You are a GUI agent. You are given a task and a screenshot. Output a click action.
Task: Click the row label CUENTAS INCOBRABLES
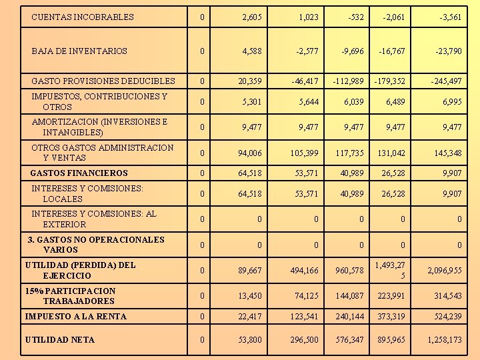coord(83,17)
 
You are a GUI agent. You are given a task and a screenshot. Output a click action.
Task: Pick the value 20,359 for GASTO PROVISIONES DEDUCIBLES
coord(249,81)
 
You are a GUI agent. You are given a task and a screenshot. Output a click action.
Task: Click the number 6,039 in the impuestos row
coord(353,102)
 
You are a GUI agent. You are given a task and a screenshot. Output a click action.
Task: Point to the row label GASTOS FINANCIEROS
coord(79,173)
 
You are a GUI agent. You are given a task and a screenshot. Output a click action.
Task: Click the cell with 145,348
coord(447,153)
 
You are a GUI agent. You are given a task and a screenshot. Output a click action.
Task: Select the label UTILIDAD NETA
coord(60,340)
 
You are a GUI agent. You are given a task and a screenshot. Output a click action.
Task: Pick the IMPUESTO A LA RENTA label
coord(75,316)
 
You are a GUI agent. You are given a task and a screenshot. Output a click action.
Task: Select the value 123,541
coord(304,317)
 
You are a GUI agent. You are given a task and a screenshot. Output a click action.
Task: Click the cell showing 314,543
coord(447,296)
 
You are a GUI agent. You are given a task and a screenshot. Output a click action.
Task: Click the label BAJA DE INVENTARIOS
coord(79,51)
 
